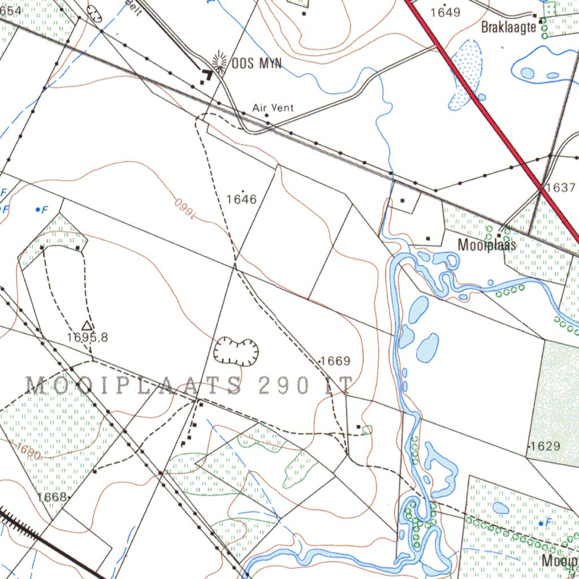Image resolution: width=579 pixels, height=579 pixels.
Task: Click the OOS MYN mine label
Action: tap(256, 63)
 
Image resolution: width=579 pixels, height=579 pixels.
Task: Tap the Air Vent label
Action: tap(273, 107)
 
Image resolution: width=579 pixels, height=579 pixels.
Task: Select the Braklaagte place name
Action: tap(508, 27)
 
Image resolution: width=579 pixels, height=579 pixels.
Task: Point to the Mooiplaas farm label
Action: tap(487, 245)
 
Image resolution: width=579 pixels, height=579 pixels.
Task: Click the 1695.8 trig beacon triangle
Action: tap(87, 325)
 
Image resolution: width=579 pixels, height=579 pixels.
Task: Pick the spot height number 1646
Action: tap(241, 199)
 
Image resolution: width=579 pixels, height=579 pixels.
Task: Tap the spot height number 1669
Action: tap(335, 361)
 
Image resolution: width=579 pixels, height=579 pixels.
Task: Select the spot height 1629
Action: tap(546, 446)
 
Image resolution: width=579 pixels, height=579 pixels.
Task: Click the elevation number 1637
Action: tap(561, 188)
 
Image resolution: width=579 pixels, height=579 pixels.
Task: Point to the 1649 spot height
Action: tap(446, 12)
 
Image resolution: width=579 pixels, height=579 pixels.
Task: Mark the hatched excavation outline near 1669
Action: tap(236, 351)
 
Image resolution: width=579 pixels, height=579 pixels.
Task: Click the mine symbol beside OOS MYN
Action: tap(218, 62)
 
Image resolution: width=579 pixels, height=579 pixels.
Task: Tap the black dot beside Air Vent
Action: tap(267, 115)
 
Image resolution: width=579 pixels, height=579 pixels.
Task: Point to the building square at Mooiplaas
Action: tap(499, 235)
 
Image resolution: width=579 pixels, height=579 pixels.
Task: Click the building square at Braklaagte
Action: tap(541, 21)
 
